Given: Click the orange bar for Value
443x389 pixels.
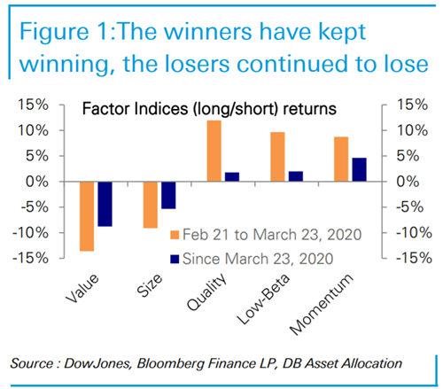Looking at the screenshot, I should pyautogui.click(x=87, y=216).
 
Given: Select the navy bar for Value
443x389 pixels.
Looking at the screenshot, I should pyautogui.click(x=105, y=204).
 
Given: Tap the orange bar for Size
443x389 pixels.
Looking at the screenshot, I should pyautogui.click(x=151, y=205).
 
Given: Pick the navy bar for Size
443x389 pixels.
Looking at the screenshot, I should pyautogui.click(x=168, y=195).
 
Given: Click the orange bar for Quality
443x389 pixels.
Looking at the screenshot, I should pyautogui.click(x=214, y=151).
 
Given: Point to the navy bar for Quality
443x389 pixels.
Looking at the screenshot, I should pyautogui.click(x=232, y=176).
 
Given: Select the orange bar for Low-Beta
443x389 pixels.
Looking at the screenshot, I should pyautogui.click(x=277, y=157).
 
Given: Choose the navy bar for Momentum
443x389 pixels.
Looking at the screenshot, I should pyautogui.click(x=359, y=169).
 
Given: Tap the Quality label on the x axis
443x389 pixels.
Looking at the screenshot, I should pyautogui.click(x=208, y=290).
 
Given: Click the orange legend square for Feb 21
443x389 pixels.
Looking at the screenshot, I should pyautogui.click(x=175, y=237).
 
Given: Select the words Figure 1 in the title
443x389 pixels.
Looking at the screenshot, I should pyautogui.click(x=62, y=30).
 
